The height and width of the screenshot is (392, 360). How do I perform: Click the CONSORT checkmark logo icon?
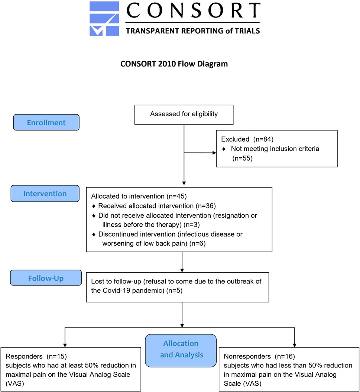click(104, 19)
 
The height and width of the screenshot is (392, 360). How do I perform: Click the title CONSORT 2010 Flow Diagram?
click(174, 64)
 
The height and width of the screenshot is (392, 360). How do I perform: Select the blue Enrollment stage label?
click(46, 123)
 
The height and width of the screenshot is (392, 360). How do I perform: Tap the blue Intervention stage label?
click(45, 194)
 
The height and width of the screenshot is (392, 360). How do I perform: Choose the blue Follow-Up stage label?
click(46, 278)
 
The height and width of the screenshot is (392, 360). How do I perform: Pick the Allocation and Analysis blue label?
click(181, 350)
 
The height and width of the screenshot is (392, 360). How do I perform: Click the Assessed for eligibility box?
click(184, 115)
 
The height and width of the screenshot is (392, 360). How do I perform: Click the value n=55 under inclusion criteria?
click(243, 158)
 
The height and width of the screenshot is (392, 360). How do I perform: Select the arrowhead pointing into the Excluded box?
click(214, 153)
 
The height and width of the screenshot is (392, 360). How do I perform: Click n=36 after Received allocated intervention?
click(206, 206)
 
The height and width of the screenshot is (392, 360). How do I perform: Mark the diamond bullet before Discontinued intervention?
click(94, 234)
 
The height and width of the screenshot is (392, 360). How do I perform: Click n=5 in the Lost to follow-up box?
click(175, 291)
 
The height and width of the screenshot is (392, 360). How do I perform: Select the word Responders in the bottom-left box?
click(24, 356)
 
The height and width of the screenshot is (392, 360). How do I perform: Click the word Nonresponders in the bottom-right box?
click(247, 356)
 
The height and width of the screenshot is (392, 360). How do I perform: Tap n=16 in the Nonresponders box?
click(285, 356)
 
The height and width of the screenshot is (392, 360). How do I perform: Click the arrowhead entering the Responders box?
click(65, 345)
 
